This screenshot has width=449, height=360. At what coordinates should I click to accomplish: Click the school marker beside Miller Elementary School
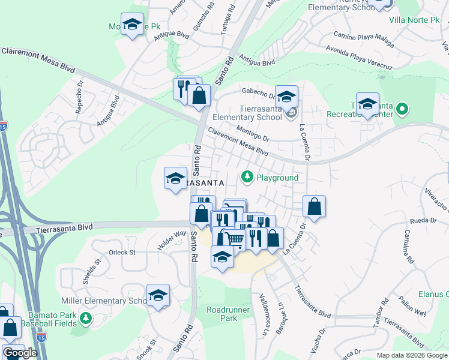pyautogui.click(x=158, y=295)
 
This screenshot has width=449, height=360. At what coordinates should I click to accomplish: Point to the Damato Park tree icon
pyautogui.click(x=85, y=317)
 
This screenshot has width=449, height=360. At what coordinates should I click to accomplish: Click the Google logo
pyautogui.click(x=20, y=353)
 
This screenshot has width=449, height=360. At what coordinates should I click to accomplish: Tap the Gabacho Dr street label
pyautogui.click(x=258, y=91)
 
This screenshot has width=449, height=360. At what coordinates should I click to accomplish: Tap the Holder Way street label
pyautogui.click(x=172, y=241)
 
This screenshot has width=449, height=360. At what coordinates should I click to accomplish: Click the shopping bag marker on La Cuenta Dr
pyautogui.click(x=314, y=207)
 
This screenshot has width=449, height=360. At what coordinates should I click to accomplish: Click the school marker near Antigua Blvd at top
pyautogui.click(x=132, y=25)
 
